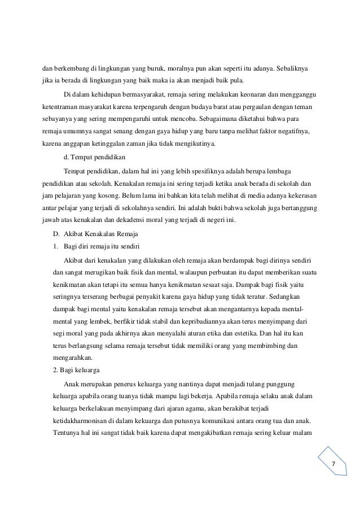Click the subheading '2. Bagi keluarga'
click(x=76, y=370)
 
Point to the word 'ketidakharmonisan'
click(x=81, y=421)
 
